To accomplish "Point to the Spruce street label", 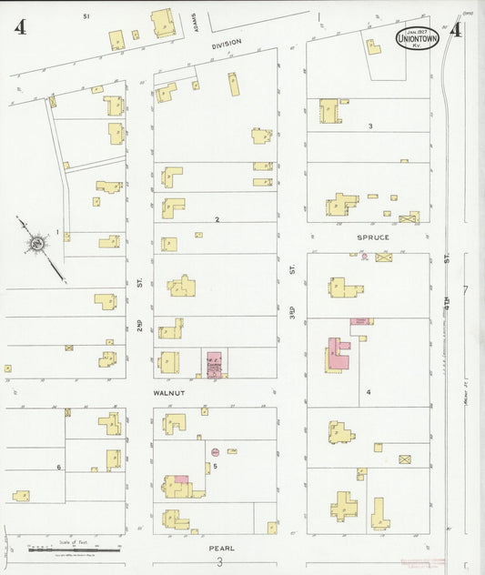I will [373, 237].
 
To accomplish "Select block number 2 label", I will [217, 219].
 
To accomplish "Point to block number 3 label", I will [370, 126].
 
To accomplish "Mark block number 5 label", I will [215, 468].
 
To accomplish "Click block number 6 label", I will [59, 468].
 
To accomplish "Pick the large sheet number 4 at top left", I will [19, 27].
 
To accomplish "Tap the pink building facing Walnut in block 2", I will [215, 363].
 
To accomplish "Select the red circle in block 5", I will [215, 451].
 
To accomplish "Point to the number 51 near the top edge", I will [86, 16].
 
